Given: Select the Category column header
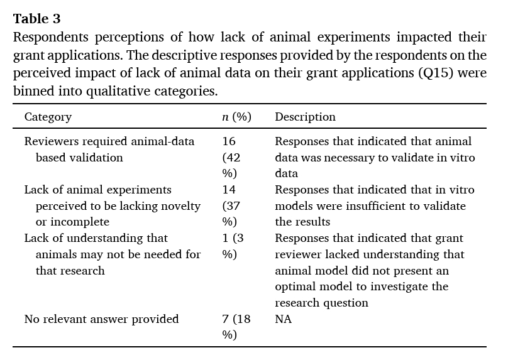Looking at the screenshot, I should [48, 117].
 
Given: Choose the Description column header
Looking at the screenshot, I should [305, 117].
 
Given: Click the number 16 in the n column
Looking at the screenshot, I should [229, 141].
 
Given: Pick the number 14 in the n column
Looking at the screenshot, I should [229, 190].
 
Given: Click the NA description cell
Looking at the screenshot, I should [284, 319].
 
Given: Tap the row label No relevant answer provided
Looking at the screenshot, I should [101, 319].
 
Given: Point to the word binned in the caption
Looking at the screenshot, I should [31, 91].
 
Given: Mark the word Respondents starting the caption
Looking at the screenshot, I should [48, 37].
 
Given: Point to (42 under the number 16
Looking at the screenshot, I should [231, 158].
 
